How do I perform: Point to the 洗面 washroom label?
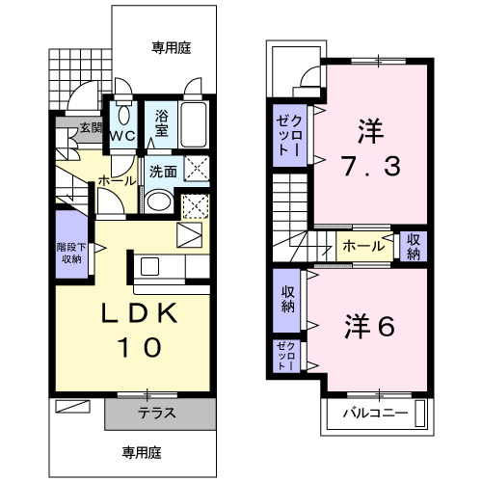[x=162, y=172]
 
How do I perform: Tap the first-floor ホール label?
[x=117, y=180]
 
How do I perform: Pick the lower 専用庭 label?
[x=141, y=450]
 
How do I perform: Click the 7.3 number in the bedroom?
[x=367, y=168]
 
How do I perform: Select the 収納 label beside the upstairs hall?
[x=413, y=246]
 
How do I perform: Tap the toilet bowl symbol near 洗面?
[x=157, y=202]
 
